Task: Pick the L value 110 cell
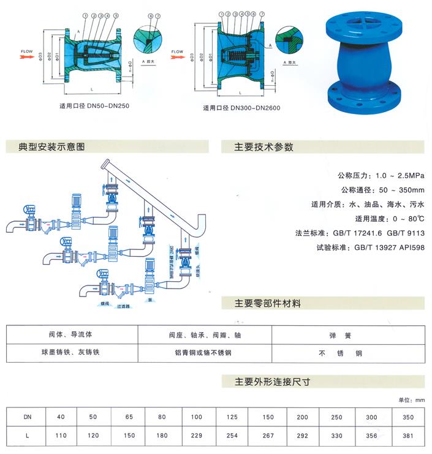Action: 60,437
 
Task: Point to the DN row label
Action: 28,417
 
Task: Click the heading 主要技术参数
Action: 264,148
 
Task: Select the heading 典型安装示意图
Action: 51,148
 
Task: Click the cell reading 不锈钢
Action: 341,354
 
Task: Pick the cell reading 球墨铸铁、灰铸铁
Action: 70,354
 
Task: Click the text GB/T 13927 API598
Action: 389,248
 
